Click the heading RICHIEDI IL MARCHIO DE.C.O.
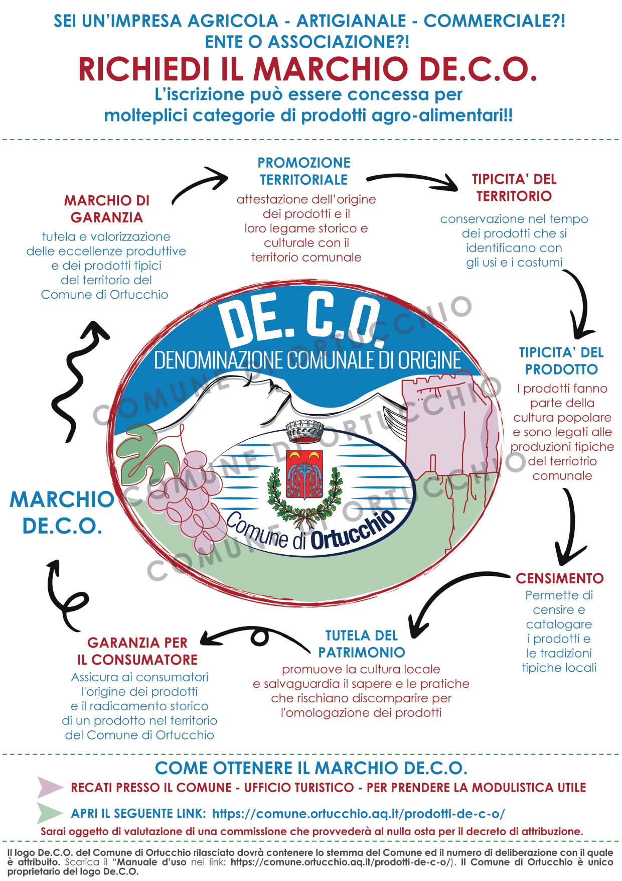308,69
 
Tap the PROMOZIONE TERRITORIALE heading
304,171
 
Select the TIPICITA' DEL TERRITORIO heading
514,188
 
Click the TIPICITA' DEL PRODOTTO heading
561,361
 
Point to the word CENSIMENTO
559,578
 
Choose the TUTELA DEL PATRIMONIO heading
362,644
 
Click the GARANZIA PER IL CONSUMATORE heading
137,651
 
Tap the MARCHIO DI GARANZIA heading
107,209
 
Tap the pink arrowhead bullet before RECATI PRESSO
49,787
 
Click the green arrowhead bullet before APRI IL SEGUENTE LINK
49,813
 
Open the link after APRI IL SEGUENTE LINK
358,813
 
